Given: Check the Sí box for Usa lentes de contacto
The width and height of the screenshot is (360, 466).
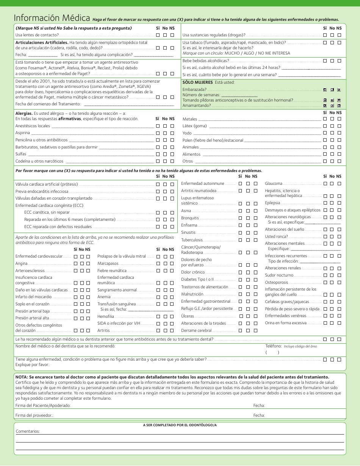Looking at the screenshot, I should pos(158,35).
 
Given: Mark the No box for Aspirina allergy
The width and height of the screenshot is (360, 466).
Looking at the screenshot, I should pos(165,133).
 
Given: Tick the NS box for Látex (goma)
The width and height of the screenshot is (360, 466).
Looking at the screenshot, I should pos(339,126).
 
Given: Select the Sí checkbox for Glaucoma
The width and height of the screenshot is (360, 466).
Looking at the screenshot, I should pos(325,184).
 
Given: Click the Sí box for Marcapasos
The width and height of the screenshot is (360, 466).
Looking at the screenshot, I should pos(158,263).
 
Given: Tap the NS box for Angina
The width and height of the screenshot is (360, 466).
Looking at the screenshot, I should pos(88,263).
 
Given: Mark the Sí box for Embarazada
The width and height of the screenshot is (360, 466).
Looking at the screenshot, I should pos(325,90).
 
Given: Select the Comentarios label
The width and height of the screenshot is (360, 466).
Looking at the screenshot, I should pos(28,431).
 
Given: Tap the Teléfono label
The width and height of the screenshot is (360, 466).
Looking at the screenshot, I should pos(273,346).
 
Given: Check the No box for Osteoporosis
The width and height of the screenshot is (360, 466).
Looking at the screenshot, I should pos(332,282).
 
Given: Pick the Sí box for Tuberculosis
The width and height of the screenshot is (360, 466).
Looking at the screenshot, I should pos(240,240).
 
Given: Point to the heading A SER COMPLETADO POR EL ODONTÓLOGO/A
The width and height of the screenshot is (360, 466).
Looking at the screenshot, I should pos(180,425).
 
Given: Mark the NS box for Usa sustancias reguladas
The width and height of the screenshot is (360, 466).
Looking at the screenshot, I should pos(339,35).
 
